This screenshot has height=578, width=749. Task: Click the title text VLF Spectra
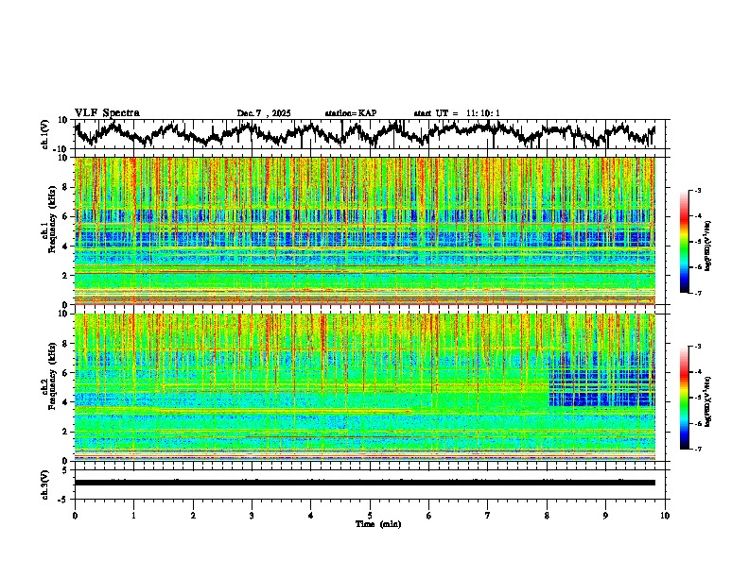coord(107,113)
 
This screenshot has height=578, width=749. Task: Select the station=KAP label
coord(351,113)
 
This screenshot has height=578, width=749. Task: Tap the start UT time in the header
coord(457,113)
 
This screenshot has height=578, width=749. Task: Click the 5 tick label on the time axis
coord(370,515)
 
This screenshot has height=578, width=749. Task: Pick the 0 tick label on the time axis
coord(75,515)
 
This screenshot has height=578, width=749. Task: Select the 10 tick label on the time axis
coord(665,515)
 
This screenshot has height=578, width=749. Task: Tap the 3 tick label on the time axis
coord(252,515)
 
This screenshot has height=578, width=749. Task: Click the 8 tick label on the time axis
coord(547,515)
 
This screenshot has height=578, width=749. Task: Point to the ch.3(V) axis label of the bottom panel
coord(45,482)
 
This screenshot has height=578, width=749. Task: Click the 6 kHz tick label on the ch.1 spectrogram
coord(66,216)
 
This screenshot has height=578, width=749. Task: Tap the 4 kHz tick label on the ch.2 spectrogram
coord(66,402)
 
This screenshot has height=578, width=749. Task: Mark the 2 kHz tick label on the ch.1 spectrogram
coord(66,276)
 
